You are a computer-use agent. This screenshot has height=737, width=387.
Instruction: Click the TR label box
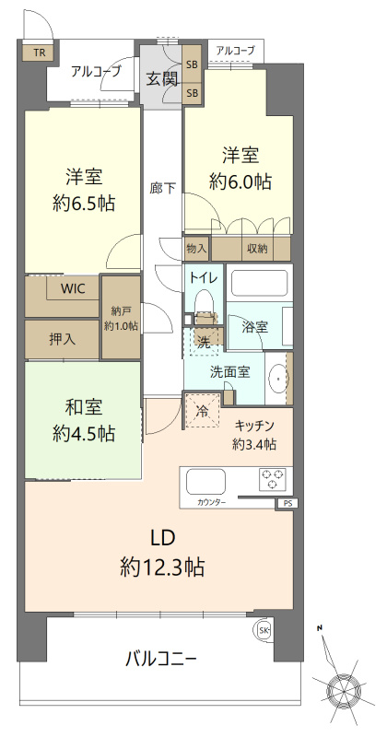tap(39, 53)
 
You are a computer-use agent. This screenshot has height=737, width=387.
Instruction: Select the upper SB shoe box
tap(192, 64)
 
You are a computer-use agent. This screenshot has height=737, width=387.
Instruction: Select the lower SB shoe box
tap(192, 93)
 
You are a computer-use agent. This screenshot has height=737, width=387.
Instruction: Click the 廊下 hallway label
tap(162, 188)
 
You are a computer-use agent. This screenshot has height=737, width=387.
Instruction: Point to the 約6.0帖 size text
tap(240, 181)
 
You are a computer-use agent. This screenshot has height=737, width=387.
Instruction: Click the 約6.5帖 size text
tap(84, 204)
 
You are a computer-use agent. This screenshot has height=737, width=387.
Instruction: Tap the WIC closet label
tap(73, 288)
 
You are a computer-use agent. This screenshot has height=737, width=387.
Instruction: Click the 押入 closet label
tap(62, 338)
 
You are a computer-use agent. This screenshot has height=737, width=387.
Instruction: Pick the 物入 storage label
tap(196, 248)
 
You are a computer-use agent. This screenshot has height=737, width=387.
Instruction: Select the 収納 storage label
tap(257, 248)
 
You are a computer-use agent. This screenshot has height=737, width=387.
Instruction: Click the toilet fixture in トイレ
tap(204, 305)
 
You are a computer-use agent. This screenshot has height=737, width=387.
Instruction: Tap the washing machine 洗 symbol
tap(204, 342)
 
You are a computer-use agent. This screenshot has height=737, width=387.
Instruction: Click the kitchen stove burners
tap(274, 478)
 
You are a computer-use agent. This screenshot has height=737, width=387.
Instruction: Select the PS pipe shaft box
tap(287, 503)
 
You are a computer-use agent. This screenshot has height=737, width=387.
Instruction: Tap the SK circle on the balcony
tap(263, 630)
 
